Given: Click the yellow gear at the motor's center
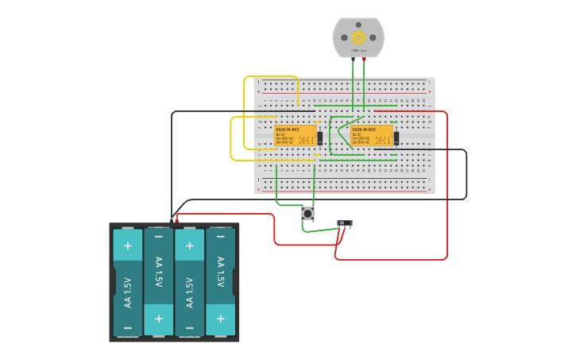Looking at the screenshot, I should point(358,37).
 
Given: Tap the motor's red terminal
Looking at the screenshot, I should point(364,59).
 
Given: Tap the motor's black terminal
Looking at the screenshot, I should point(353,59).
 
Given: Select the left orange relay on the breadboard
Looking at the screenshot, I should point(296,136).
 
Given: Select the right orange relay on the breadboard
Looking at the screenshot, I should point(372,136).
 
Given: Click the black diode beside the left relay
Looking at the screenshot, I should point(320,137).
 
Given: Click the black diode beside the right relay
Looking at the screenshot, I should point(396,137).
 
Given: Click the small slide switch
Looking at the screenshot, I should point(345,223).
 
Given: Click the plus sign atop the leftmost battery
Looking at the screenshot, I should point(127,246).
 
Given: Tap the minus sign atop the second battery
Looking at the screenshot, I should point(158,237).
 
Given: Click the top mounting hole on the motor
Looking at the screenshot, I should point(358,23).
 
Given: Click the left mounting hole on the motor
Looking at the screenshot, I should point(344,37).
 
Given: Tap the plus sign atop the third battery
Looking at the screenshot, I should point(189,246).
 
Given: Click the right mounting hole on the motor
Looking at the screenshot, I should point(373,37).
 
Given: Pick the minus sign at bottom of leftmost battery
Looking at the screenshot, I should point(127,326).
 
